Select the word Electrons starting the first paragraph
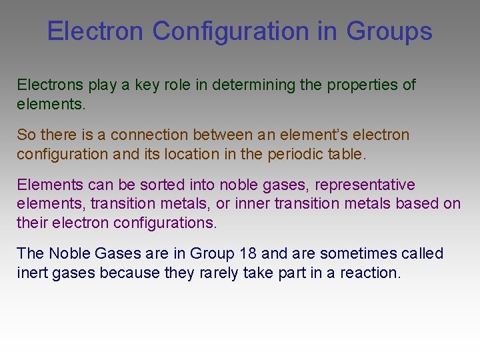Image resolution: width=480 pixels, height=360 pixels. tap(50, 85)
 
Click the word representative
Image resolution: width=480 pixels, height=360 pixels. tap(364, 185)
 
